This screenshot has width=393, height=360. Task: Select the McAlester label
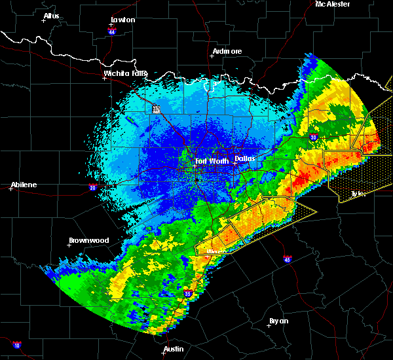click(333, 4)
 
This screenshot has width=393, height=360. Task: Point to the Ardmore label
click(227, 51)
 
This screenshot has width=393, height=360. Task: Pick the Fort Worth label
click(212, 161)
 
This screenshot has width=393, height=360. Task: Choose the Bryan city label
click(279, 321)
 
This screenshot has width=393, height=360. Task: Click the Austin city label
click(174, 349)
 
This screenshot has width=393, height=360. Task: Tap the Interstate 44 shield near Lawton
click(112, 30)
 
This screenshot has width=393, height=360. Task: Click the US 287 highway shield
click(157, 109)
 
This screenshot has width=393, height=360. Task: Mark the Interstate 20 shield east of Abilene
click(92, 187)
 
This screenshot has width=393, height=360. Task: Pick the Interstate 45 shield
click(288, 260)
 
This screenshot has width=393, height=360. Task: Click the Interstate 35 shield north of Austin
click(188, 293)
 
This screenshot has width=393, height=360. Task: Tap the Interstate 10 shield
click(16, 345)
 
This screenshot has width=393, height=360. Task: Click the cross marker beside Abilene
click(11, 189)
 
